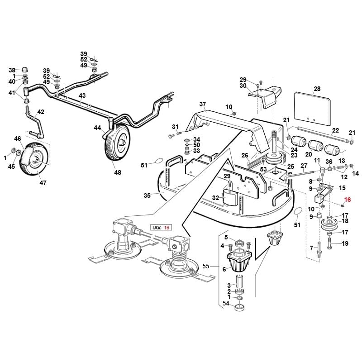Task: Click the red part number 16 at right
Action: [348, 200]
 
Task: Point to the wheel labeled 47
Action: [34, 156]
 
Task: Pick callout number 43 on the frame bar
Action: [82, 96]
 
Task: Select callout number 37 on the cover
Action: [202, 104]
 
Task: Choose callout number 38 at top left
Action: [12, 70]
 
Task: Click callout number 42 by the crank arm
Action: [41, 111]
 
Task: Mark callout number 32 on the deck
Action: [215, 198]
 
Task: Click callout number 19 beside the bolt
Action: [345, 244]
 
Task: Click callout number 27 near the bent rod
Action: [304, 166]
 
